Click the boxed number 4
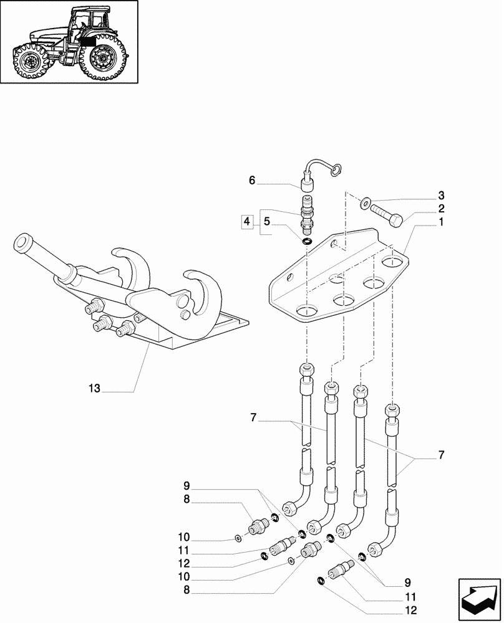pyautogui.click(x=248, y=221)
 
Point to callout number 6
pyautogui.click(x=266, y=221)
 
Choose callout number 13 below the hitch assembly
pyautogui.click(x=252, y=181)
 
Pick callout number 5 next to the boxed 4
pyautogui.click(x=266, y=221)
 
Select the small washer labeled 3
pyautogui.click(x=365, y=201)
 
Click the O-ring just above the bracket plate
pyautogui.click(x=306, y=241)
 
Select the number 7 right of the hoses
pyautogui.click(x=441, y=455)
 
